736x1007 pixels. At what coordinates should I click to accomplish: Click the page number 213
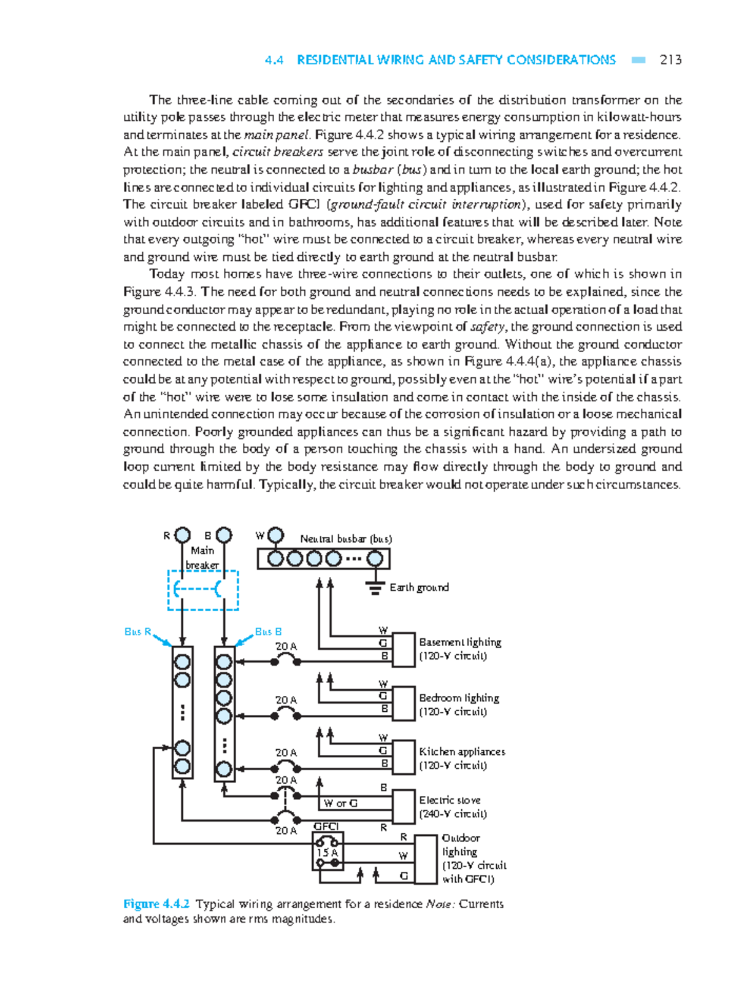pyautogui.click(x=670, y=60)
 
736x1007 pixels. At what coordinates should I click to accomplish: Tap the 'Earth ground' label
pyautogui.click(x=419, y=587)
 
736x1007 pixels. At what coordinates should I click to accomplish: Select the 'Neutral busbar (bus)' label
pyautogui.click(x=346, y=539)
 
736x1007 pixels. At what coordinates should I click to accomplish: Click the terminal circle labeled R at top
pyautogui.click(x=183, y=535)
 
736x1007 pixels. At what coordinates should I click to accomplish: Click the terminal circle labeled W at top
pyautogui.click(x=276, y=536)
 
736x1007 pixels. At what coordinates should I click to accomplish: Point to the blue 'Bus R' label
pyautogui.click(x=137, y=631)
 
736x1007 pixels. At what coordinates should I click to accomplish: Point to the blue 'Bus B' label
pyautogui.click(x=268, y=631)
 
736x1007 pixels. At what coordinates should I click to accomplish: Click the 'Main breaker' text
pyautogui.click(x=202, y=558)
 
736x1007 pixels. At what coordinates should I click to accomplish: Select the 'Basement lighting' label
pyautogui.click(x=460, y=642)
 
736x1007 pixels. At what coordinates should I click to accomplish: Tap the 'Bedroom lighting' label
pyautogui.click(x=459, y=698)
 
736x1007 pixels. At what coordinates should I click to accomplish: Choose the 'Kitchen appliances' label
pyautogui.click(x=462, y=752)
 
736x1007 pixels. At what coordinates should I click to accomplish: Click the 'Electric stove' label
pyautogui.click(x=450, y=800)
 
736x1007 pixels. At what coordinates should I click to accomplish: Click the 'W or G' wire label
pyautogui.click(x=340, y=803)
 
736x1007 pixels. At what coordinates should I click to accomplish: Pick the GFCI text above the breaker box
pyautogui.click(x=326, y=827)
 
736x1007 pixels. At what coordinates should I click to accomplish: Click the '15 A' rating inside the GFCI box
pyautogui.click(x=327, y=852)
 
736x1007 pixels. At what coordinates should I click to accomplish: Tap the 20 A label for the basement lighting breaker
pyautogui.click(x=286, y=646)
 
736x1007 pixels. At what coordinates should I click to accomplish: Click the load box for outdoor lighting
pyautogui.click(x=426, y=859)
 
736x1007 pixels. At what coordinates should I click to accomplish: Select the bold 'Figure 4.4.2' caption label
pyautogui.click(x=156, y=904)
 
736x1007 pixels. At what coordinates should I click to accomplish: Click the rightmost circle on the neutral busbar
pyautogui.click(x=375, y=559)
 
